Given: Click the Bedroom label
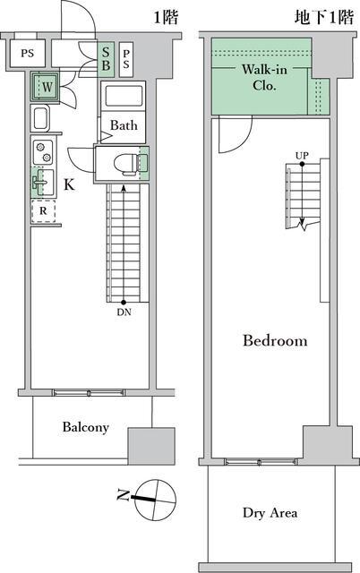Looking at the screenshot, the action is (x=275, y=340).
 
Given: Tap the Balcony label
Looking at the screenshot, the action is (x=86, y=427).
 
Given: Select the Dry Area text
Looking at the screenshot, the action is (x=270, y=513).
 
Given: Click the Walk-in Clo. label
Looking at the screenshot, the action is (x=264, y=77).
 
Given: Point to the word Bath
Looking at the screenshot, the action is (x=124, y=125).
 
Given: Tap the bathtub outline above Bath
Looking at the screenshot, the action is (x=124, y=96).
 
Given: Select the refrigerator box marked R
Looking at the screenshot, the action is (x=43, y=211).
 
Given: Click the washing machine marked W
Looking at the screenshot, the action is (x=46, y=88).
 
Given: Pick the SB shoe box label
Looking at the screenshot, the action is (x=106, y=59).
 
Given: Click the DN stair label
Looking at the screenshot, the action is (x=124, y=312).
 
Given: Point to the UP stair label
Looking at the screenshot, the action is (x=302, y=156).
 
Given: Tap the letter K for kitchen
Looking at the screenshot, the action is (x=69, y=185).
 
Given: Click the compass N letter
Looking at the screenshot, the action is (x=124, y=495).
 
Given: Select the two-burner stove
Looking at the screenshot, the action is (x=43, y=151).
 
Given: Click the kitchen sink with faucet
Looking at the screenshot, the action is (x=43, y=183).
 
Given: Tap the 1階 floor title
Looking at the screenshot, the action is (x=166, y=17).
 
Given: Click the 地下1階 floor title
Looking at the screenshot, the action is (x=324, y=17).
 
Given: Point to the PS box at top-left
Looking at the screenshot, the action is (x=28, y=54).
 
